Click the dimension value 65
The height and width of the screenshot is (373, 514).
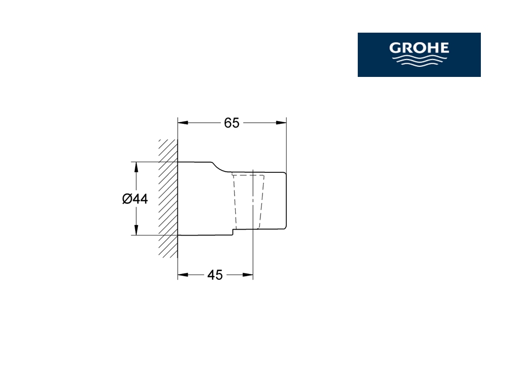coord(232,123)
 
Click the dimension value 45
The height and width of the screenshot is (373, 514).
coord(215,275)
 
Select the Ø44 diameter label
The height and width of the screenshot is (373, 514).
coord(135,199)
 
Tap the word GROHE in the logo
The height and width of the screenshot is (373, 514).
coord(419,48)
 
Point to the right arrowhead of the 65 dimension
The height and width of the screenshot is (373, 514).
coord(281,123)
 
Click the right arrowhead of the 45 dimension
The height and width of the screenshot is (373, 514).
coord(248,274)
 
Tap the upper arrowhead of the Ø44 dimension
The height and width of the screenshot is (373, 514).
coord(136,167)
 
